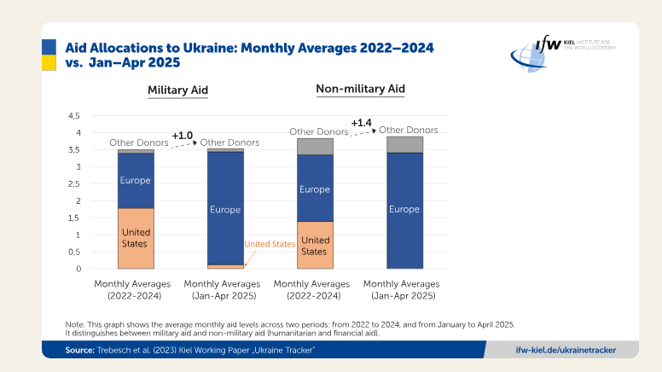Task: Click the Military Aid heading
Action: tap(177, 90)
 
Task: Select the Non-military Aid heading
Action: tap(360, 89)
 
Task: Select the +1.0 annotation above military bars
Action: tap(183, 136)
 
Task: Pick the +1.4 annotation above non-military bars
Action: tap(362, 124)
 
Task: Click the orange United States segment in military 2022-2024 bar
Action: tap(136, 239)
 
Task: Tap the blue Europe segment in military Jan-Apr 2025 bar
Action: tap(225, 208)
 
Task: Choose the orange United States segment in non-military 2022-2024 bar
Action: tap(315, 246)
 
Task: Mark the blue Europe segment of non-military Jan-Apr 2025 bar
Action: tap(404, 210)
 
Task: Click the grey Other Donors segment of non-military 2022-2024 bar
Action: tap(315, 146)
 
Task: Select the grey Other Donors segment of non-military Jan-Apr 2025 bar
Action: tap(404, 144)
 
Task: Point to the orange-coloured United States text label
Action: tap(270, 244)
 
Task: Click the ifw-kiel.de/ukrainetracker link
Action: tap(566, 350)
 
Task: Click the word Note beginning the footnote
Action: tap(75, 324)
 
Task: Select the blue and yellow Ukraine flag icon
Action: tap(49, 55)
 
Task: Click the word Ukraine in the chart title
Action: tap(209, 49)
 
